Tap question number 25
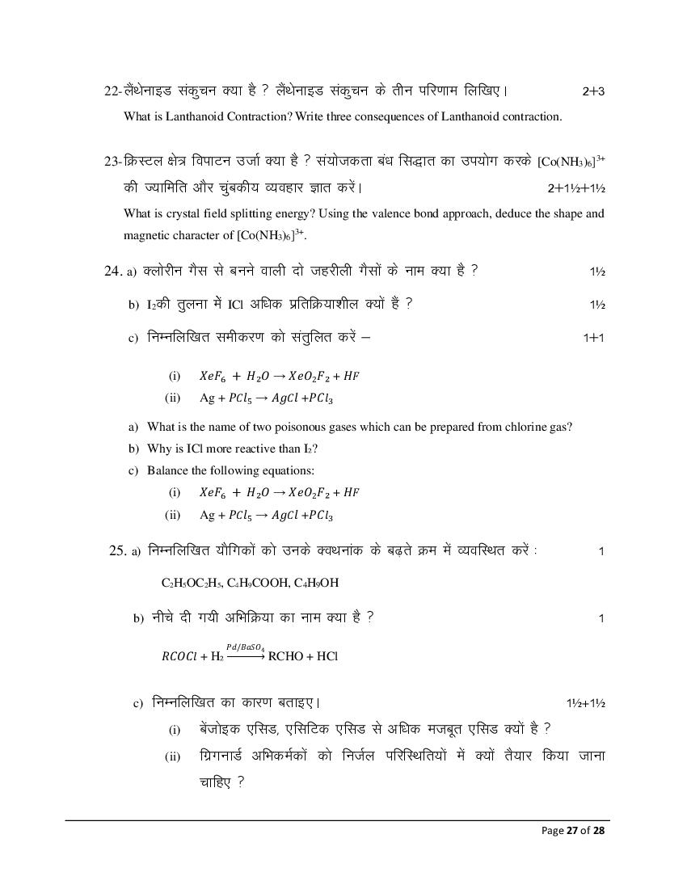coord(117,550)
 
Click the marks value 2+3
coord(593,92)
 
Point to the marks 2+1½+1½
coord(576,188)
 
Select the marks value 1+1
coord(593,338)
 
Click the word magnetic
coord(148,235)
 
